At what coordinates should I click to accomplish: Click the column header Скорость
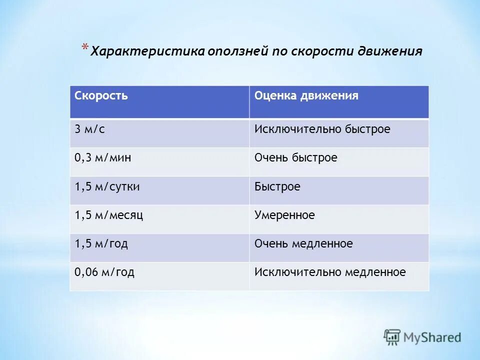tap(101, 96)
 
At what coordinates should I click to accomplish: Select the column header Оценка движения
tap(306, 96)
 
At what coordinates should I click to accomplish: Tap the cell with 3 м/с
tap(90, 129)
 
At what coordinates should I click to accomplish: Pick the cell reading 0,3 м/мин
tap(103, 158)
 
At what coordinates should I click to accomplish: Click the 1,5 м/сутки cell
tap(107, 187)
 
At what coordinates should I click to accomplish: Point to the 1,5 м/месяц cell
tap(109, 215)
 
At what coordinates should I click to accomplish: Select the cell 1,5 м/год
tap(101, 244)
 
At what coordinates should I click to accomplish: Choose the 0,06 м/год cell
tap(104, 272)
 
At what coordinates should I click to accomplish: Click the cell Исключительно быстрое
tap(322, 129)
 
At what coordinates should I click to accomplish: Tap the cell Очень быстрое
tap(295, 158)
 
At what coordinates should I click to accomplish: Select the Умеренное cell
tap(284, 215)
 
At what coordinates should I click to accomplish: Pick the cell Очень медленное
tap(303, 244)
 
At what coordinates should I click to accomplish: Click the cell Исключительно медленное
tap(330, 272)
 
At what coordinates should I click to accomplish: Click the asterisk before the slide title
tap(85, 47)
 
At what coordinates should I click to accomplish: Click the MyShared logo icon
tap(392, 337)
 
